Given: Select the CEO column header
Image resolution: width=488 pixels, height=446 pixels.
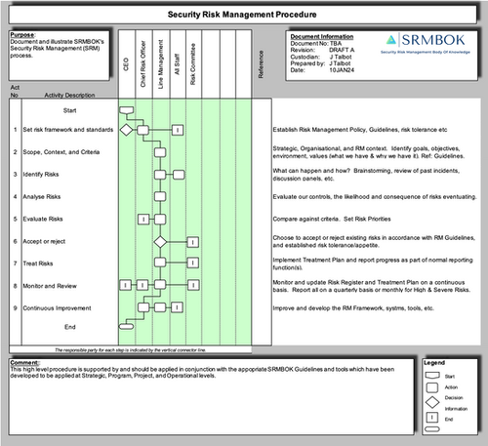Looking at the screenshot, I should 126,64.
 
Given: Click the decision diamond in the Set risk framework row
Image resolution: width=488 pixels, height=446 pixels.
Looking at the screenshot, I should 126,129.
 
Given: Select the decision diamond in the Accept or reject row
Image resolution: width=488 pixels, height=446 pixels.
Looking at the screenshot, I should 160,241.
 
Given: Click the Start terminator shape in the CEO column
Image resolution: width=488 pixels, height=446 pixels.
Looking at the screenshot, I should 126,108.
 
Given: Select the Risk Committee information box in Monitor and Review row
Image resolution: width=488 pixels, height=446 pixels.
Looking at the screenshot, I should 193,285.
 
